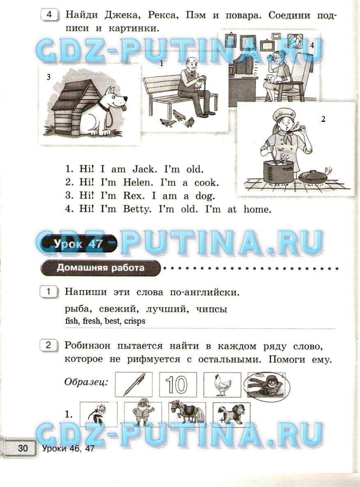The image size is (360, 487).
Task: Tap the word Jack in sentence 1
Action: [x=143, y=169]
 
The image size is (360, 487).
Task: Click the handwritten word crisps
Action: [x=135, y=321]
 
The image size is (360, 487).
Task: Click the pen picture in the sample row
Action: [x=134, y=384]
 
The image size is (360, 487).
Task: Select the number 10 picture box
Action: [x=178, y=384]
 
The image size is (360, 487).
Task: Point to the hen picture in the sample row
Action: [x=222, y=384]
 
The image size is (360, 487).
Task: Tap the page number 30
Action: [x=23, y=448]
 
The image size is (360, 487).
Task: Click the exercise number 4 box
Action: [x=50, y=15]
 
